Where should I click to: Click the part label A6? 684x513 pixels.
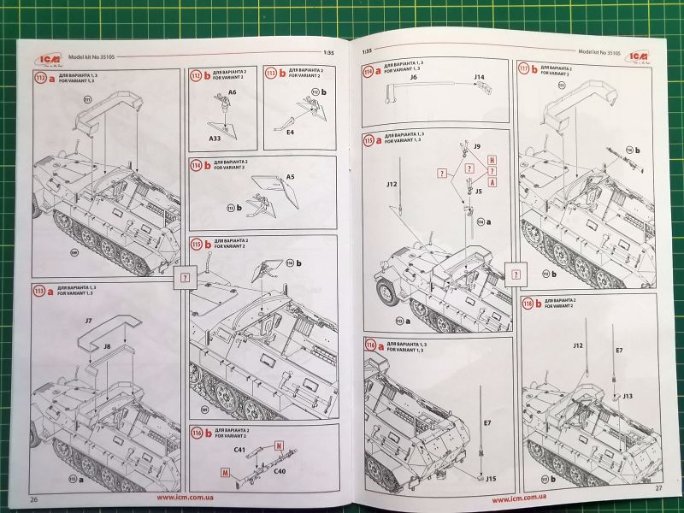pos(232,90)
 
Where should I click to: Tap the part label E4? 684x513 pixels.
pos(290,133)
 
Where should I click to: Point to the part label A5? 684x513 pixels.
pos(291,177)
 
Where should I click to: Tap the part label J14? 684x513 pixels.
pos(480,78)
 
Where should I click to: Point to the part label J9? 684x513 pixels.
pos(476,147)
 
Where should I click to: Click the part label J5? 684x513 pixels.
pos(480,192)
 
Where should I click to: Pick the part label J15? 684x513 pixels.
pos(492,477)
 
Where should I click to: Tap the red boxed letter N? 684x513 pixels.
pos(279,445)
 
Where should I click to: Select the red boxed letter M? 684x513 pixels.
pos(226,471)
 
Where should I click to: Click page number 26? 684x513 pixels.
pos(35,499)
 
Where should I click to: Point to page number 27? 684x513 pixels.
pos(658,488)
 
